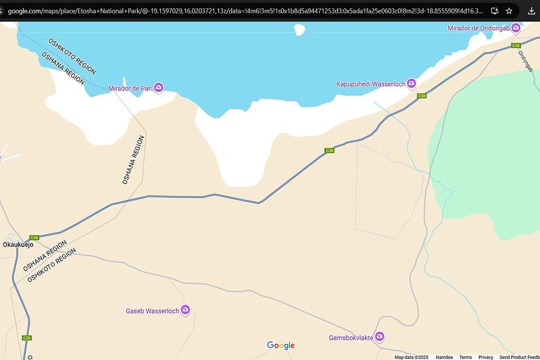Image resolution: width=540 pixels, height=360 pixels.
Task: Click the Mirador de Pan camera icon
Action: point(159,87)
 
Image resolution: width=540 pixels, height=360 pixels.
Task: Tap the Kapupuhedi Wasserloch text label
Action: point(371,84)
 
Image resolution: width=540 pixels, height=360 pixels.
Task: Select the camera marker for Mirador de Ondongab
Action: point(515,28)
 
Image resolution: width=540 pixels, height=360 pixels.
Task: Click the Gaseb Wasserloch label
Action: point(152,310)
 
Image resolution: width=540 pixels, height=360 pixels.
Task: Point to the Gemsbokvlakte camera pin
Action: point(380,337)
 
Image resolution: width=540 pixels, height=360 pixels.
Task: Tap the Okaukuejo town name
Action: point(18,245)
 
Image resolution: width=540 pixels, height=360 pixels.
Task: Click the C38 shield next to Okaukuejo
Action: point(34,237)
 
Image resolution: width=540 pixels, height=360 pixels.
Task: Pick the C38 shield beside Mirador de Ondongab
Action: point(516,46)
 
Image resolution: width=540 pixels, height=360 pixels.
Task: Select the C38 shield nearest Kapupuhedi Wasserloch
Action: point(421,96)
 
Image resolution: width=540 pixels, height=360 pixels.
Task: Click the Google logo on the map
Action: point(281,345)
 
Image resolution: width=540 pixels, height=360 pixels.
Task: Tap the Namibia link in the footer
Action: point(444,357)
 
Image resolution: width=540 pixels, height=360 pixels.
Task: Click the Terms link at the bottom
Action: point(465,357)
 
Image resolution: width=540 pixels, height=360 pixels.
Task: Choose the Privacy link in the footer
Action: point(485,357)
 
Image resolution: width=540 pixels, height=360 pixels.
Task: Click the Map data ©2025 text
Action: point(411,357)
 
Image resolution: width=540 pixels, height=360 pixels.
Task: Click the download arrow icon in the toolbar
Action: point(531,11)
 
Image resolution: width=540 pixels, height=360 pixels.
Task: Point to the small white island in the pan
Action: point(300,29)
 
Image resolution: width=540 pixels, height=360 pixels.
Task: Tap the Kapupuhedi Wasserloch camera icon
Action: point(411,84)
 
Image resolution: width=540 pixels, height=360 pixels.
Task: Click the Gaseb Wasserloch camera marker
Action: point(185,310)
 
